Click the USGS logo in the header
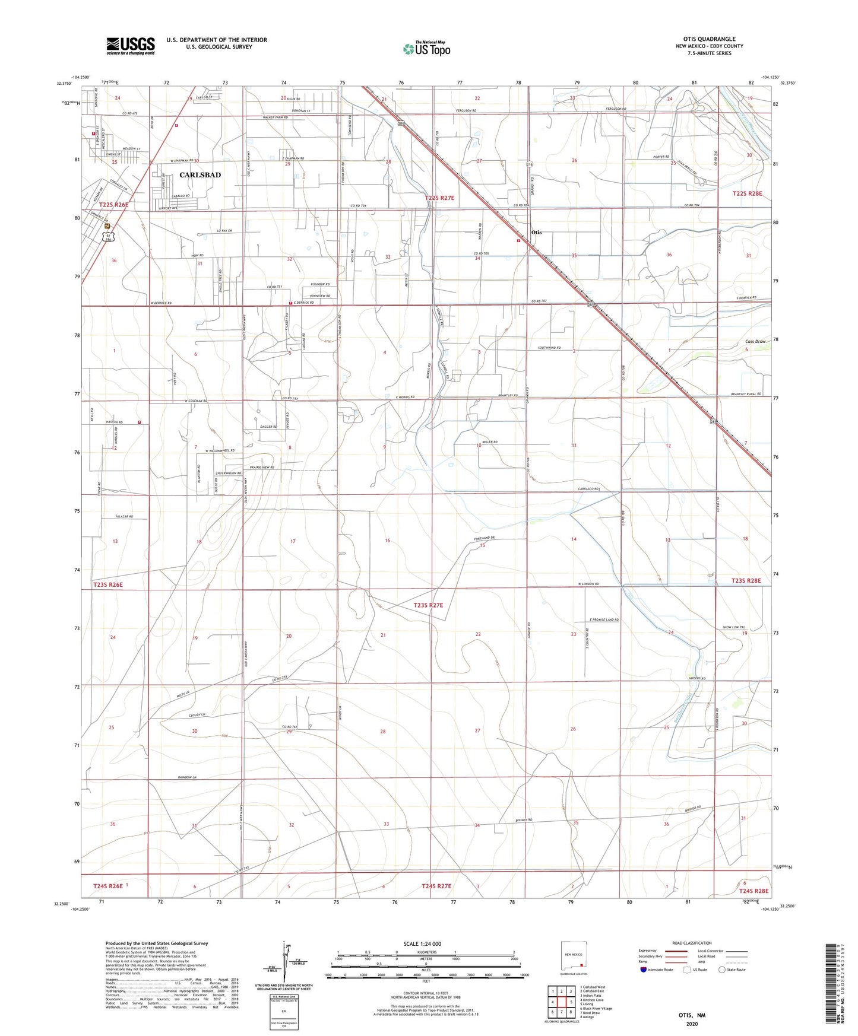(x=131, y=46)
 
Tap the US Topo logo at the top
(x=426, y=49)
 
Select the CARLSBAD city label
(x=200, y=175)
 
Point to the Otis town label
(x=536, y=233)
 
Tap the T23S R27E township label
(x=436, y=605)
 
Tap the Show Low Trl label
(x=733, y=627)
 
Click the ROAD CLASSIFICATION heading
(x=692, y=943)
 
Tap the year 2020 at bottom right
(x=692, y=1024)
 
